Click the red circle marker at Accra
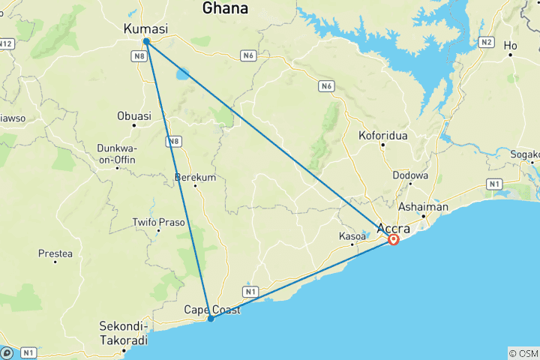pyautogui.click(x=393, y=240)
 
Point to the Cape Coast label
pyautogui.click(x=212, y=309)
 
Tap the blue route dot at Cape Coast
pyautogui.click(x=211, y=319)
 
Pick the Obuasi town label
pyautogui.click(x=134, y=116)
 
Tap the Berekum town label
pyautogui.click(x=194, y=177)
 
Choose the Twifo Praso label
pyautogui.click(x=158, y=222)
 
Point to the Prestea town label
pyautogui.click(x=55, y=253)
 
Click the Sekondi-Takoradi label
pyautogui.click(x=124, y=332)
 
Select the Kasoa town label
pyautogui.click(x=352, y=236)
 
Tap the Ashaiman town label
pyautogui.click(x=424, y=207)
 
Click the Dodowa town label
pyautogui.click(x=410, y=175)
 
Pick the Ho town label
pyautogui.click(x=511, y=46)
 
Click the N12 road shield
pyautogui.click(x=5, y=44)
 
